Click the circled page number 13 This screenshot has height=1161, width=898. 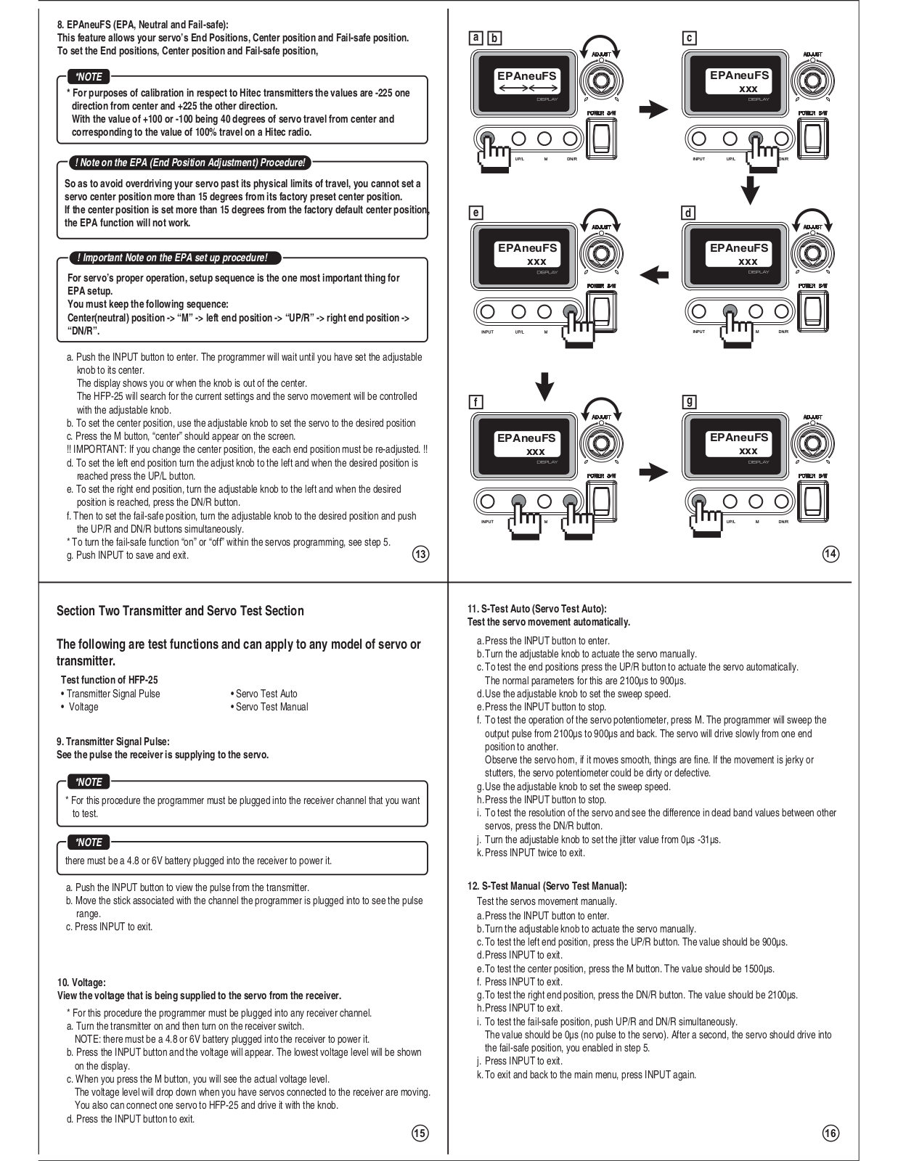420,554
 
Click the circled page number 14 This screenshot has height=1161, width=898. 830,554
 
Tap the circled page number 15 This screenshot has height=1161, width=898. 420,1133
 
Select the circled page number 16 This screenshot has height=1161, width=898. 830,1133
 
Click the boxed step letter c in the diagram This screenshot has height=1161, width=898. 690,38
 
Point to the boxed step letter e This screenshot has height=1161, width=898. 475,213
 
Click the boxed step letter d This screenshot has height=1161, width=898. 688,213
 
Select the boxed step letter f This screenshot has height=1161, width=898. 475,402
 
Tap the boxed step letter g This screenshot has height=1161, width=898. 690,401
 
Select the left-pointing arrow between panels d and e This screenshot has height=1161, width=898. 654,274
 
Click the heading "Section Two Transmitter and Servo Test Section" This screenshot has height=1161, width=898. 180,611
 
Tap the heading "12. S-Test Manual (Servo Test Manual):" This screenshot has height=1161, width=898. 547,886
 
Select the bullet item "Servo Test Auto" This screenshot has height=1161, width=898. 266,694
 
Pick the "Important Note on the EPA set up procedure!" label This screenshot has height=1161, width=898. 174,258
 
